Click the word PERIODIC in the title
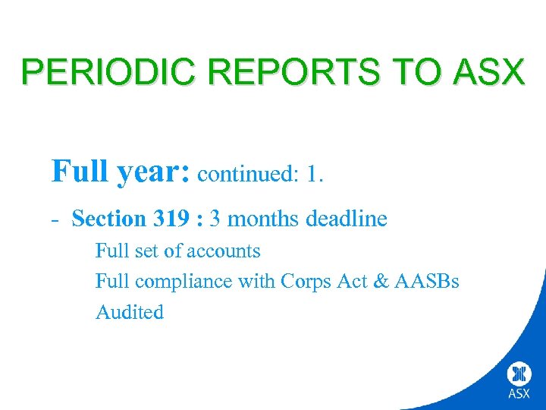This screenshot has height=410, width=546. click(110, 72)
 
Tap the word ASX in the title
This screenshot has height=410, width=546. click(487, 72)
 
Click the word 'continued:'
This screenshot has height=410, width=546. click(248, 175)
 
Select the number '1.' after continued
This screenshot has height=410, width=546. click(315, 175)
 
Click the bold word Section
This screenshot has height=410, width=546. click(108, 219)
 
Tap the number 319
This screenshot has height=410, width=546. click(171, 219)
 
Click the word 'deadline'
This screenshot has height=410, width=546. click(347, 219)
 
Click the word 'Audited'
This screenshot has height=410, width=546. click(129, 312)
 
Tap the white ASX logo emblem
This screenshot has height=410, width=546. click(519, 374)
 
